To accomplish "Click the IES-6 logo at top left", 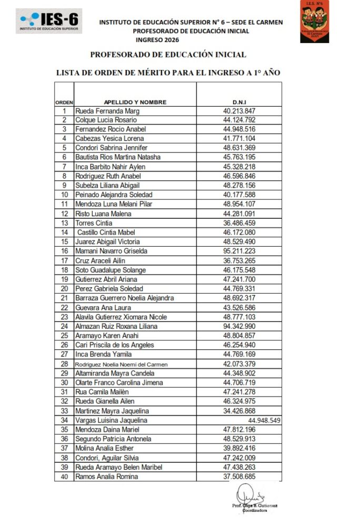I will click(48, 21).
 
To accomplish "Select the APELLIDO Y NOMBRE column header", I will click(135, 102).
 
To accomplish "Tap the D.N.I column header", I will click(239, 102).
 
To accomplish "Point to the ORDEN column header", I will click(64, 102).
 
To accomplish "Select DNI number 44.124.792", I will click(239, 120).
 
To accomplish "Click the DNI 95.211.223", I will click(239, 251).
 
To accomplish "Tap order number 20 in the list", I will click(65, 289).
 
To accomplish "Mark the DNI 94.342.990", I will click(239, 326).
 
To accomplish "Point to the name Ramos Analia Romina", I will click(107, 477).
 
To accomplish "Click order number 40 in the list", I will click(65, 477).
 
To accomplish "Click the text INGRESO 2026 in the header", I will click(157, 39).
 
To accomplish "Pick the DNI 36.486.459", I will click(239, 223).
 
